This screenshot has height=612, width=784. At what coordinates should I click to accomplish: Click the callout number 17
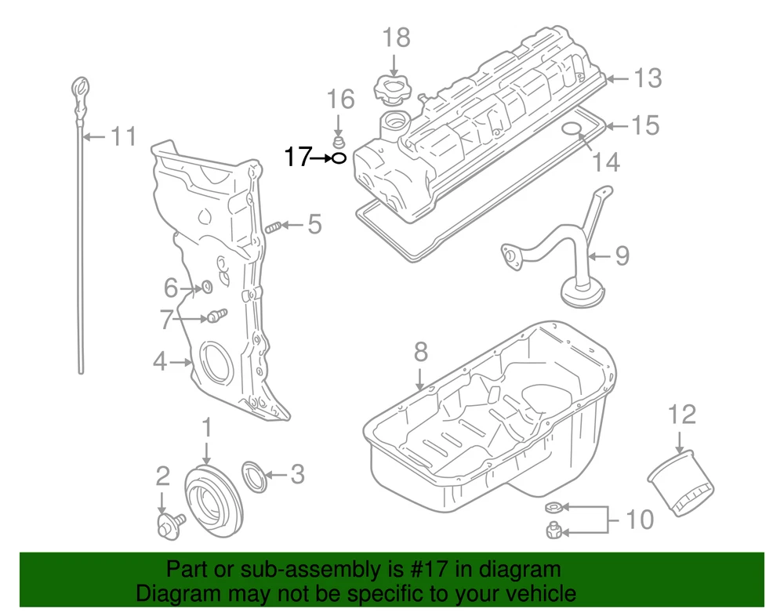pos(297,158)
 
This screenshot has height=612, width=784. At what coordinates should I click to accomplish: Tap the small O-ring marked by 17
pos(337,158)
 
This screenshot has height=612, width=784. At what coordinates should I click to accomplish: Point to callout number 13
pos(648,78)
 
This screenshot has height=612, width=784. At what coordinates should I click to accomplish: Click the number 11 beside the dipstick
pos(122,136)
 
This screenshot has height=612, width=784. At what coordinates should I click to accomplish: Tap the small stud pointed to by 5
pos(273,226)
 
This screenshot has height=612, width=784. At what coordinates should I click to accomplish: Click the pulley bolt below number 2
pos(168,525)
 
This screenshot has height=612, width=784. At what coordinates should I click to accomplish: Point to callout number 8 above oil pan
pos(420,352)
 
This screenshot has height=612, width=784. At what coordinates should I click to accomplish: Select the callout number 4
pos(160,361)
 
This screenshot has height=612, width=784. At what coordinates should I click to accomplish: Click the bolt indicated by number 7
pos(213,316)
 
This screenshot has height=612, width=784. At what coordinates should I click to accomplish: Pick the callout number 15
pos(646,125)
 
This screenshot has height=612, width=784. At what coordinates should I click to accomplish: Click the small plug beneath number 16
pos(339,142)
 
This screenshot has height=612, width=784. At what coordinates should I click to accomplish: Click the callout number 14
pos(606,161)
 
